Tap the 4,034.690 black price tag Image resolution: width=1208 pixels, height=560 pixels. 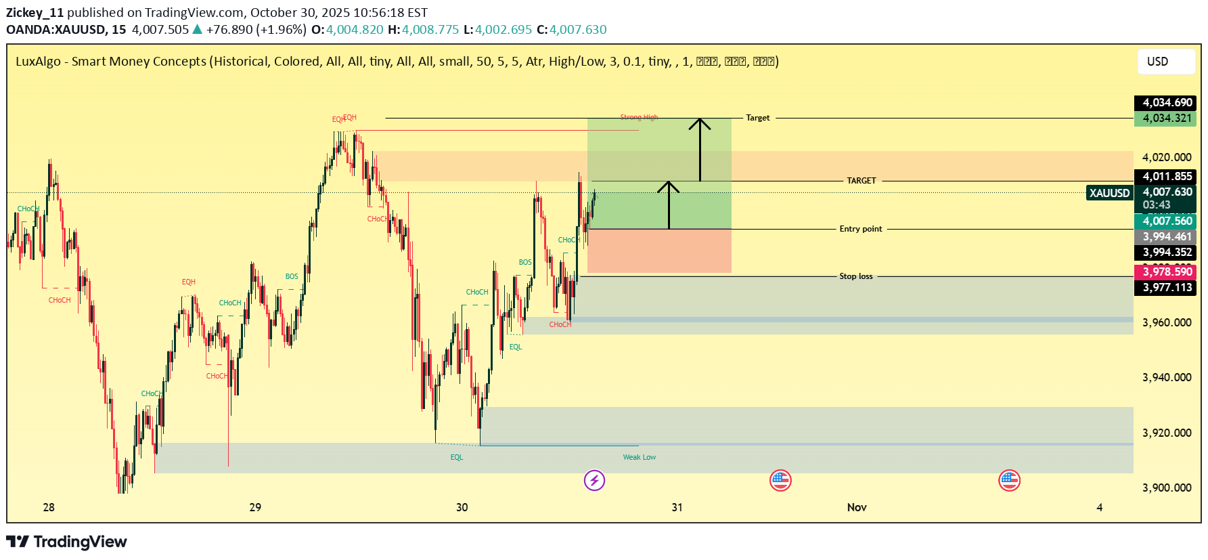point(1165,103)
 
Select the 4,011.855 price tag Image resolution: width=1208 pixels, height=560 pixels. point(1165,177)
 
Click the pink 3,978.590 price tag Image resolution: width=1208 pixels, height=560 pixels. point(1165,272)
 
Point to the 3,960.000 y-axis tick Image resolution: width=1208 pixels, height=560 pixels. point(1167,323)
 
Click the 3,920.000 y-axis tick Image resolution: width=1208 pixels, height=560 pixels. point(1167,433)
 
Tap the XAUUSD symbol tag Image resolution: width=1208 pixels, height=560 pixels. point(1109,193)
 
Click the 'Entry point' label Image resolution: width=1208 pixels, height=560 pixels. point(861,229)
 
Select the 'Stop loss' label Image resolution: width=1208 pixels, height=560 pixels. point(856,276)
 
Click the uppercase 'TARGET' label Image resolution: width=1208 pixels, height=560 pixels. point(861,181)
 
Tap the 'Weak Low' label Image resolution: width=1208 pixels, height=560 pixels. point(639,457)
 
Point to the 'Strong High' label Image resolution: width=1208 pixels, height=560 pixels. point(639,118)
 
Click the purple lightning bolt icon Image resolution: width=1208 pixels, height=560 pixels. point(594,481)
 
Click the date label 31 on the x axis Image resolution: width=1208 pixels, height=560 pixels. point(677,507)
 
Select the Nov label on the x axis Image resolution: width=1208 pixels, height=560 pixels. point(857,507)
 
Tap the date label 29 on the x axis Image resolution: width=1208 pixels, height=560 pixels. point(255,507)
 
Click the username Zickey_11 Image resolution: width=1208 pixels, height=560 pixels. point(35,12)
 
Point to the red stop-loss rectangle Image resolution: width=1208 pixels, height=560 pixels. point(659,251)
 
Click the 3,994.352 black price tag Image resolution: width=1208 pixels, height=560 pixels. point(1165,253)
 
